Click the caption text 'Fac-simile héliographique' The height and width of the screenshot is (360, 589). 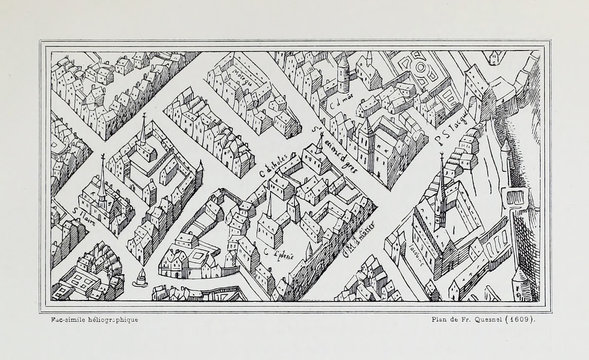click(x=85, y=319)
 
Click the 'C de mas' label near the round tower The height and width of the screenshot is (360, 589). click(x=347, y=102)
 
